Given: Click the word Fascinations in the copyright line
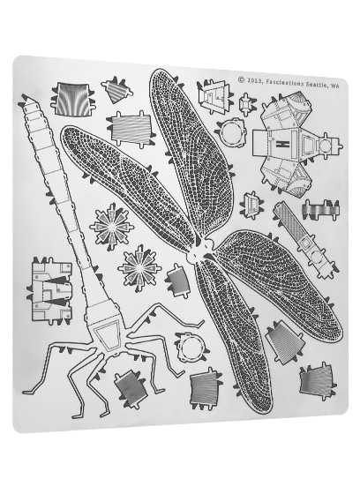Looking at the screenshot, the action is (284, 83).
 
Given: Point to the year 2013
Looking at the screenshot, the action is (254, 80).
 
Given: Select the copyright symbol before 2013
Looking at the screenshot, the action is (241, 79).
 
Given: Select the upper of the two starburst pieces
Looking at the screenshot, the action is (111, 227).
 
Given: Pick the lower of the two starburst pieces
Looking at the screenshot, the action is (140, 268).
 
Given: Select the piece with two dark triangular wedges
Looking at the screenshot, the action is (51, 290).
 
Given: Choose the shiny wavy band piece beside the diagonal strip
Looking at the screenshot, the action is (320, 209).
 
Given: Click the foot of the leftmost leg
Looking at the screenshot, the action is (28, 392).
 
